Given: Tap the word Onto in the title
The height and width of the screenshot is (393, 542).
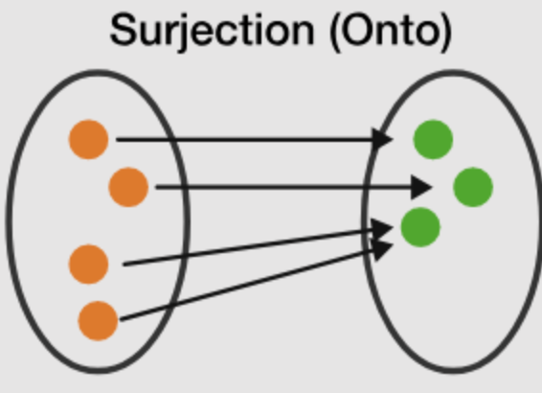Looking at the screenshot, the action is pyautogui.click(x=391, y=30).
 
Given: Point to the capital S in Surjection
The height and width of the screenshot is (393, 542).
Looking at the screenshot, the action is pyautogui.click(x=124, y=30).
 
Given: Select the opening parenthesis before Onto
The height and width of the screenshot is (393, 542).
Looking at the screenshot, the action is pyautogui.click(x=335, y=33).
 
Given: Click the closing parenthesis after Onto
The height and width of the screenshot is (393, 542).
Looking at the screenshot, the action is pyautogui.click(x=446, y=33).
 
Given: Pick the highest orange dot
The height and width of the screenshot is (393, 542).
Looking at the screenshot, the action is pyautogui.click(x=88, y=139).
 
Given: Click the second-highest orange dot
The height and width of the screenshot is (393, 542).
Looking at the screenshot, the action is pyautogui.click(x=128, y=187).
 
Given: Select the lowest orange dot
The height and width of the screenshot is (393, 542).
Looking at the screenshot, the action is pyautogui.click(x=98, y=321).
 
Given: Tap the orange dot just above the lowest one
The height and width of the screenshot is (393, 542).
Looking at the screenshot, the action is pyautogui.click(x=88, y=265).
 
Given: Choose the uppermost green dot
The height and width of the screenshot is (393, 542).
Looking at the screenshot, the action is pyautogui.click(x=433, y=139).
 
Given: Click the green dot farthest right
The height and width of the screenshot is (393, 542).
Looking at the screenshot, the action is pyautogui.click(x=473, y=187).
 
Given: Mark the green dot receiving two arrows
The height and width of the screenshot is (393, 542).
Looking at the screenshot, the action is pyautogui.click(x=420, y=227).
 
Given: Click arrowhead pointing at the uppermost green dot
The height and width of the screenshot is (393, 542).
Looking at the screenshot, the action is pyautogui.click(x=382, y=139).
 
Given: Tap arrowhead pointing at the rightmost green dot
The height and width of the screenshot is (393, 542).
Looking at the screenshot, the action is pyautogui.click(x=421, y=187).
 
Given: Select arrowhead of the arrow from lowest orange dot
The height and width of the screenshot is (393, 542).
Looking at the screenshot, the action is pyautogui.click(x=382, y=250).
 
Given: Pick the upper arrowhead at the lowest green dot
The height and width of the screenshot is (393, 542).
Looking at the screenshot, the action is pyautogui.click(x=382, y=229).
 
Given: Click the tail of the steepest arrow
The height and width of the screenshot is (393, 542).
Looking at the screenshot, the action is pyautogui.click(x=121, y=319).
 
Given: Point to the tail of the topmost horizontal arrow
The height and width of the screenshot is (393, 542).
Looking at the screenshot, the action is pyautogui.click(x=118, y=140).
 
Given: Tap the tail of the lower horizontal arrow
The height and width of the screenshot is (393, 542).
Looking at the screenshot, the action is pyautogui.click(x=157, y=187).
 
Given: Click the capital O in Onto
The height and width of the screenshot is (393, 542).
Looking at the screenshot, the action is pyautogui.click(x=358, y=30).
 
